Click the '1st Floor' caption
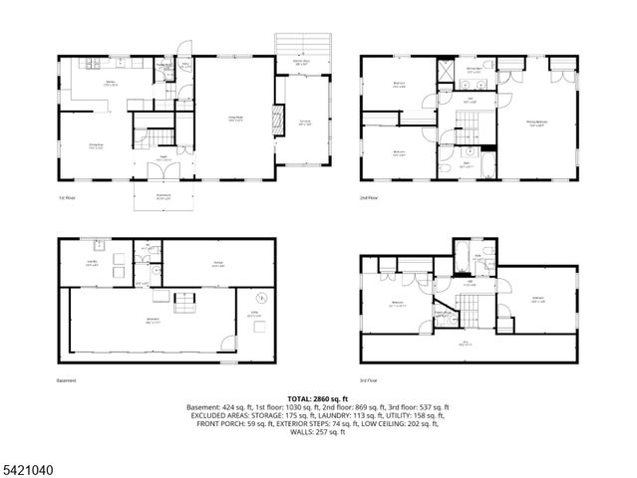pos(67,198)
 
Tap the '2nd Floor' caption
pos(370,198)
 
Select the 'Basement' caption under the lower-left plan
pos(67,379)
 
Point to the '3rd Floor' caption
pos(370,379)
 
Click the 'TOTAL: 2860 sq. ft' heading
pos(318,397)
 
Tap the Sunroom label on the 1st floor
pos(305,123)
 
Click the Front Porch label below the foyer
pos(162,196)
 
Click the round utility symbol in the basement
pos(261,299)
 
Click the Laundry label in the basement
pos(92,264)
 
